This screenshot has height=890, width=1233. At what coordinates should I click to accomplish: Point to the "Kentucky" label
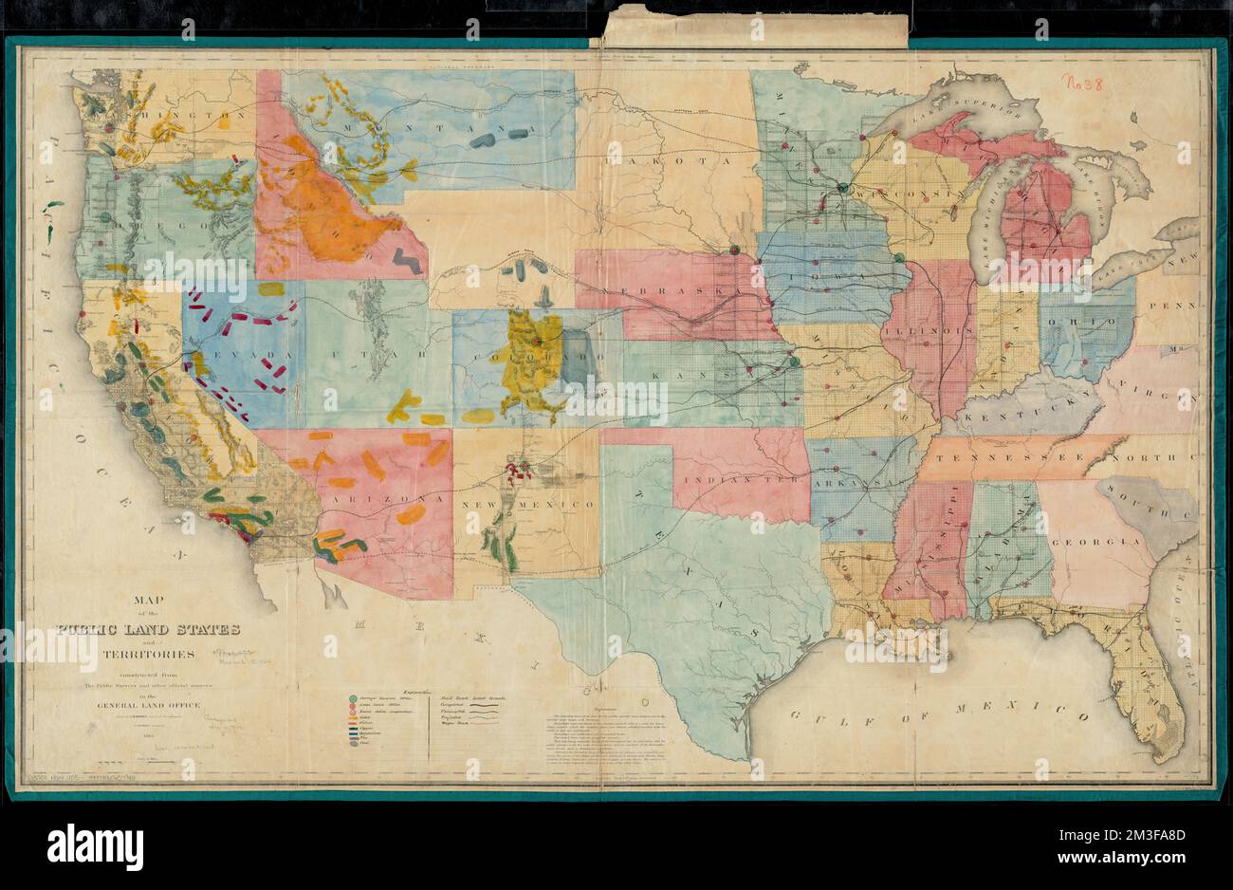[1022, 407]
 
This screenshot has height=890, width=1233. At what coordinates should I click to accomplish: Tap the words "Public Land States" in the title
[148, 629]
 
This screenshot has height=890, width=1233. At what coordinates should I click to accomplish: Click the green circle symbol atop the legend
[353, 699]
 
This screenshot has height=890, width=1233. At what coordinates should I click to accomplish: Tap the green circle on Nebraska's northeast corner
[734, 250]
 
